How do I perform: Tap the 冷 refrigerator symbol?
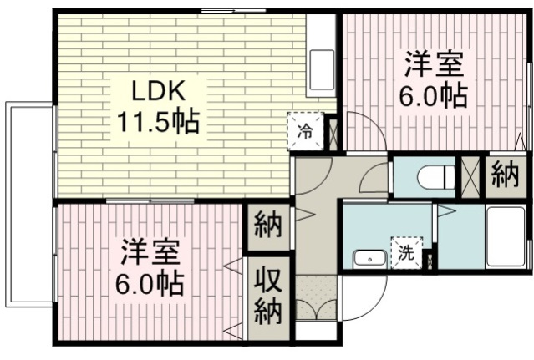pos(305,130)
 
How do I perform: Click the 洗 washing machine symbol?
pos(406,253)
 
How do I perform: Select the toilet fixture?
pos(435,176)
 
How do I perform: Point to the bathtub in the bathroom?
pos(506,237)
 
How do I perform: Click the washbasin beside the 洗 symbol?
pos(369,258)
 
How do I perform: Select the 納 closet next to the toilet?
pos(504,176)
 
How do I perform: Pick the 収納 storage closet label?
pos(267,296)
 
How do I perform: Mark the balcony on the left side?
pos(29,204)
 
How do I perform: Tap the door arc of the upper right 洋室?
pos(364,131)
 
